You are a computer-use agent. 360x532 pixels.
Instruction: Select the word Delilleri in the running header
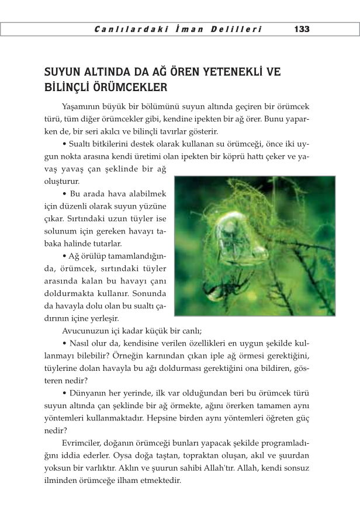click(x=237, y=29)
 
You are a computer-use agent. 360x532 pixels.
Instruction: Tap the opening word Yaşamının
click(x=80, y=107)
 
